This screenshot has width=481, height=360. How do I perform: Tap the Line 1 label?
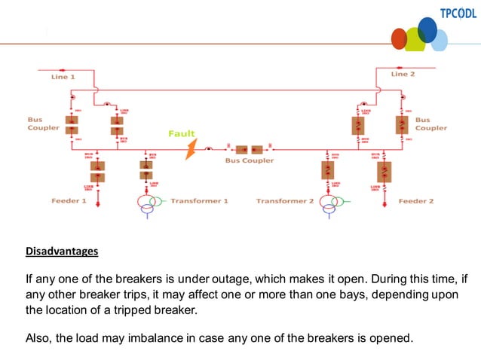[63, 77]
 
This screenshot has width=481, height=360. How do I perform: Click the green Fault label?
[181, 133]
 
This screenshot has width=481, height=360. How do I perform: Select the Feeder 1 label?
[69, 201]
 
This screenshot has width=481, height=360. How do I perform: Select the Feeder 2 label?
[416, 201]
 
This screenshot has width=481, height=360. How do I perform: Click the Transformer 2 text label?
[284, 201]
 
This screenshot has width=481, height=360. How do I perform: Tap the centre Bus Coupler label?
[250, 160]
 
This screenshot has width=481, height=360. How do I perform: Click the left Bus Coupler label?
[41, 124]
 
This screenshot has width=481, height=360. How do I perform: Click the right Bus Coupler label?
[430, 124]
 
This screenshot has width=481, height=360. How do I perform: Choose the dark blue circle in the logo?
[427, 29]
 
